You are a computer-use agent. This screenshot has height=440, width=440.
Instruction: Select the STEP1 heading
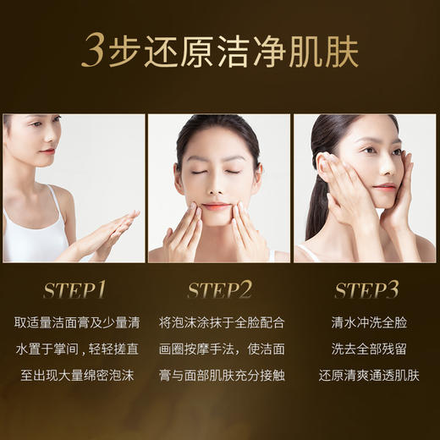[73, 290]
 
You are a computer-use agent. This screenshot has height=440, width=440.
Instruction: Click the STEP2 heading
[220, 290]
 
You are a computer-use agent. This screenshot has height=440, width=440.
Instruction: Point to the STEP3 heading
[366, 290]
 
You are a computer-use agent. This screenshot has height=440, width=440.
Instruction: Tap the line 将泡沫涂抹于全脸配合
[220, 322]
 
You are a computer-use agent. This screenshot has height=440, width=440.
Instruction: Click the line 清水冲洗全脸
[366, 322]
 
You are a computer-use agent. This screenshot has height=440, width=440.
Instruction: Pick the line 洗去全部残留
[366, 349]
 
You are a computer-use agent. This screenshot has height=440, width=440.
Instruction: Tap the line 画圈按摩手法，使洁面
[220, 349]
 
